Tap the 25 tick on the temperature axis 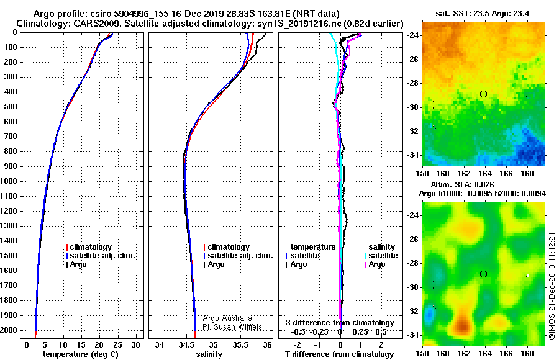click(117, 344)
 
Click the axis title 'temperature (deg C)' click(81, 354)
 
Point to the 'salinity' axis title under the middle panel click(209, 354)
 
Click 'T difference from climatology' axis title click(340, 354)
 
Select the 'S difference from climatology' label click(340, 323)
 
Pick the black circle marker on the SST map click(483, 94)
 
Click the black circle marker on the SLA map click(483, 274)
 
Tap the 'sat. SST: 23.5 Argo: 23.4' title click(483, 14)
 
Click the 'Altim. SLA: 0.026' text click(462, 184)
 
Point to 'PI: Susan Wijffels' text click(232, 327)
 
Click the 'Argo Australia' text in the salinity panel click(227, 318)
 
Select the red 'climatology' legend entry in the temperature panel click(89, 247)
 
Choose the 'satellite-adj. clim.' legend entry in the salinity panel click(238, 256)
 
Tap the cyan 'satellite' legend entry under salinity click(381, 256)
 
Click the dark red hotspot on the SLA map click(463, 325)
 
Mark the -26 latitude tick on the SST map click(412, 59)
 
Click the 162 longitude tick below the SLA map click(464, 353)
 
